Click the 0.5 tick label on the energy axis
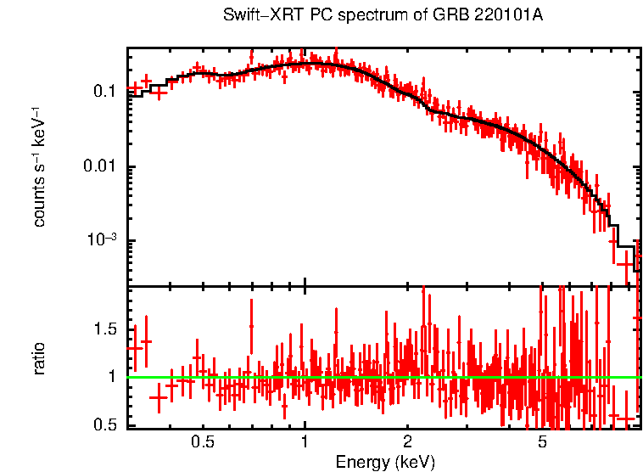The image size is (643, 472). pos(203,442)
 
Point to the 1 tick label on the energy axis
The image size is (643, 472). pos(305,442)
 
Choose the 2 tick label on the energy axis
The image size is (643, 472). pos(407,442)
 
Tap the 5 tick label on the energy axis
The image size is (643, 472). pos(542,442)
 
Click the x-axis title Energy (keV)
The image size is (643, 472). pos(385,462)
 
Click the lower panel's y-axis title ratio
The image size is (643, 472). pos(40,357)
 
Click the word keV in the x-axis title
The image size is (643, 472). pos(415,462)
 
